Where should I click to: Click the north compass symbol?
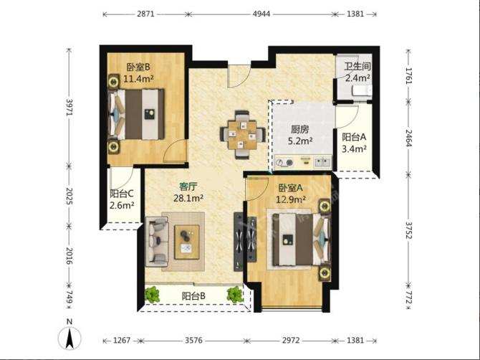(x=69, y=336)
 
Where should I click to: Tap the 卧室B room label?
(x=138, y=67)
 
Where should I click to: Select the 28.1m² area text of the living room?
(x=188, y=198)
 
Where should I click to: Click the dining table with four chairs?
(x=242, y=135)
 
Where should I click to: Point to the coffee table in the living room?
(x=187, y=242)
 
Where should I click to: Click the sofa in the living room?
(x=157, y=241)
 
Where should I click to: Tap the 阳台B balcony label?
(x=193, y=296)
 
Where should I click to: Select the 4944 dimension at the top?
(x=261, y=14)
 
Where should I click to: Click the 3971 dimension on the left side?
(x=69, y=107)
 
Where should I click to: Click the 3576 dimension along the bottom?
(x=193, y=341)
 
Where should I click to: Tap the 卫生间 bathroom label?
(x=357, y=66)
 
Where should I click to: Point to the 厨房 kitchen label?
(x=299, y=130)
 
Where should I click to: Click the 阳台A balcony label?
(x=354, y=137)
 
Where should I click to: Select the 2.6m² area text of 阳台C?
(x=122, y=205)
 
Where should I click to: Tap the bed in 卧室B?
(x=137, y=114)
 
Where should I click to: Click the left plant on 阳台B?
(x=152, y=295)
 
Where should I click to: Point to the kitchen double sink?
(x=322, y=161)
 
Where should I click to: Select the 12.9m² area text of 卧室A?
(x=291, y=200)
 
